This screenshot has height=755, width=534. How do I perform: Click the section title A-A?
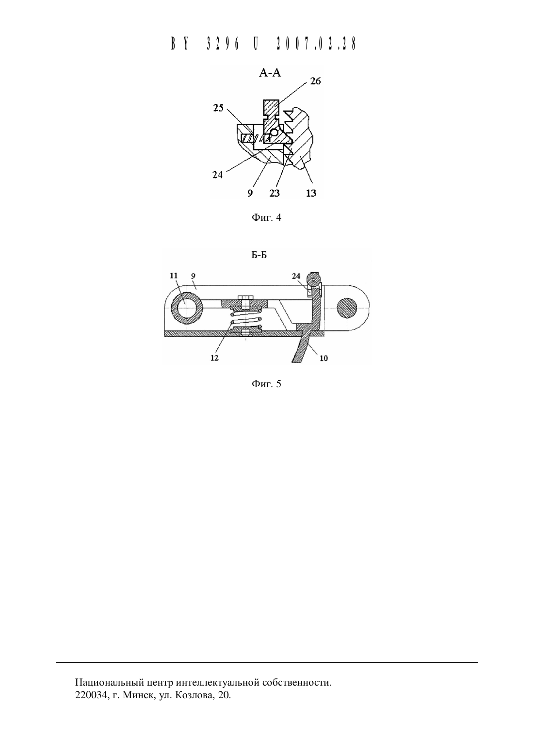[x=270, y=72]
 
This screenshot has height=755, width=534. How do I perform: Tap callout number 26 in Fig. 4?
[x=315, y=81]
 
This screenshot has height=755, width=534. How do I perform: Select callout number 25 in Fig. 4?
[x=218, y=108]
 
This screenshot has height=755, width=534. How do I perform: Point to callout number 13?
[x=311, y=193]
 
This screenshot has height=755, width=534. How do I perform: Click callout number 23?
[x=275, y=193]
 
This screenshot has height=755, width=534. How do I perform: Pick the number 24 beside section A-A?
[x=218, y=175]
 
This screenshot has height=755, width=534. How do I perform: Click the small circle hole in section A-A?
[x=274, y=132]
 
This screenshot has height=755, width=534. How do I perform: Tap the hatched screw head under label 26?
[x=271, y=107]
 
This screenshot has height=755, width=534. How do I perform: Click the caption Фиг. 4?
[x=266, y=217]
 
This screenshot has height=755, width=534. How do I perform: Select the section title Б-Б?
[x=259, y=255]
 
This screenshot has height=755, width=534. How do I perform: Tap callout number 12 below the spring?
[x=214, y=358]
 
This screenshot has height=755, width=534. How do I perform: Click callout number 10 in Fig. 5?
[x=324, y=358]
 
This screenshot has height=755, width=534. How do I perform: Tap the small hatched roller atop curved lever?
[x=315, y=278]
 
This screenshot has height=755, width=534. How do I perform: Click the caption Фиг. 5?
[x=266, y=384]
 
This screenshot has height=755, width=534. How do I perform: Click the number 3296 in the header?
[x=222, y=44]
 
